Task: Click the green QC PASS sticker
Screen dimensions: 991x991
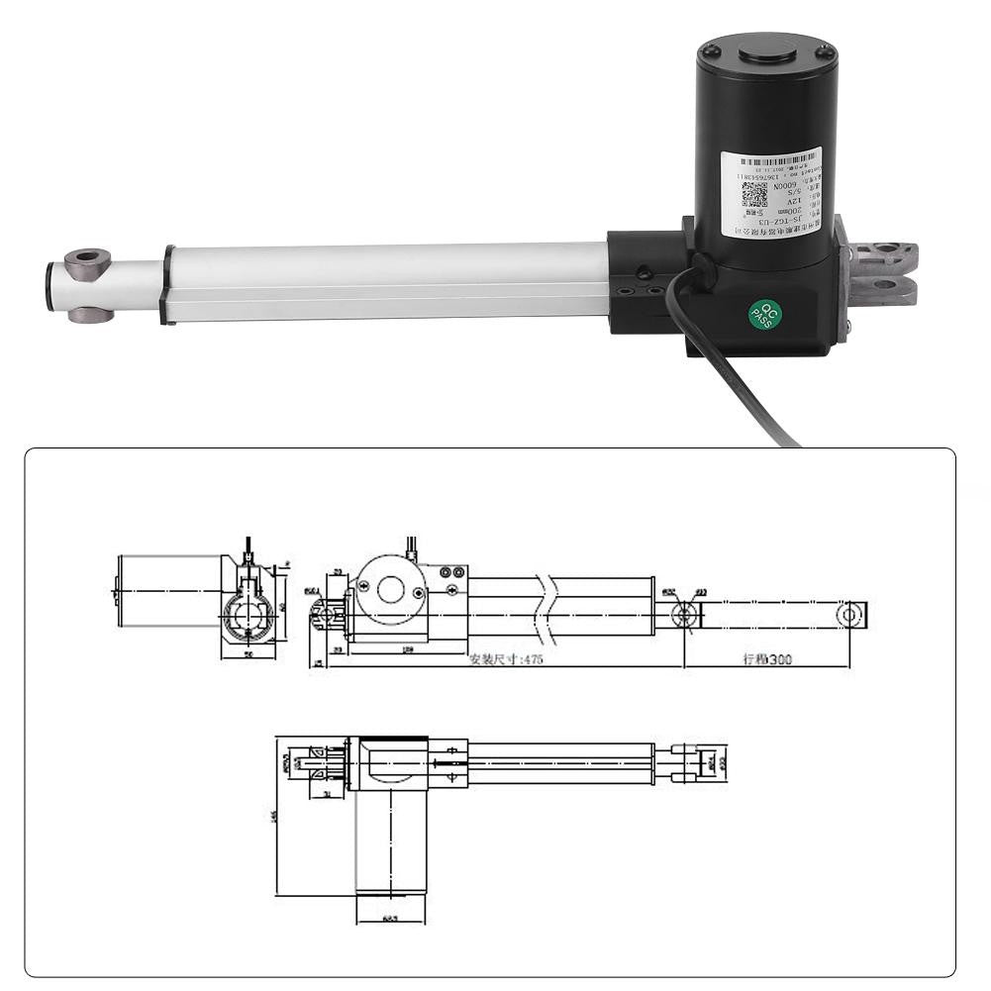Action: (765, 314)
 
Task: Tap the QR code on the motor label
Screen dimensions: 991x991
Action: (754, 193)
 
